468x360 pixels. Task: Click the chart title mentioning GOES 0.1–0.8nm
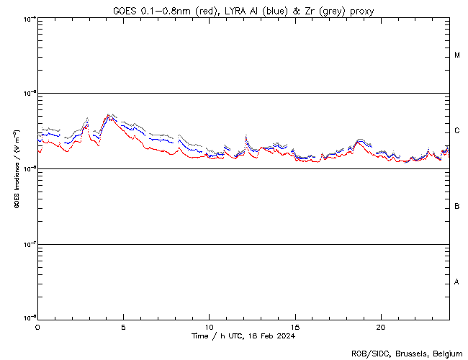[x=243, y=11]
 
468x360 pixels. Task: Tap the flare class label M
[x=457, y=55]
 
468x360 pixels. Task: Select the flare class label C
[x=457, y=131]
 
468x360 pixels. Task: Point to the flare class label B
[x=457, y=207]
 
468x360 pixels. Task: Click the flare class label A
[x=457, y=282]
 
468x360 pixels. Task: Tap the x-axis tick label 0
[x=37, y=327]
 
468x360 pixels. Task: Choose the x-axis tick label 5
[x=123, y=327]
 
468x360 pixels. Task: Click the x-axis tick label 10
[x=209, y=327]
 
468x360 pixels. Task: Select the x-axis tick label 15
[x=295, y=327]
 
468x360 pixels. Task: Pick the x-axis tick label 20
[x=381, y=327]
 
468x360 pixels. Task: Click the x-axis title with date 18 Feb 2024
[x=243, y=336]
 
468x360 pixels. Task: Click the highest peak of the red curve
[x=109, y=117]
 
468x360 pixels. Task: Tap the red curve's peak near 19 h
[x=359, y=143]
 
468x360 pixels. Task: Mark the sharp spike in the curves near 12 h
[x=246, y=137]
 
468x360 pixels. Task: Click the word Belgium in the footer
[x=446, y=353]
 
